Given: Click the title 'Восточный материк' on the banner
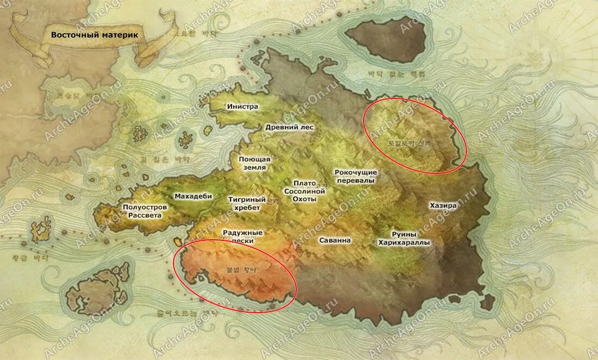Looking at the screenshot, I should coord(95,34).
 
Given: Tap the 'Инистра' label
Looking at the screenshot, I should coord(243,107).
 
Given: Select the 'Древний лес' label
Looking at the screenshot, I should coord(289,127).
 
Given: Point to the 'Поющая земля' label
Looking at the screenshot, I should coord(254,163).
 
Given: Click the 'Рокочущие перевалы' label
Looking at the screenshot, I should coord(356,176).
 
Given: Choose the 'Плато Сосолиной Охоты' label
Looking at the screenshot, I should coord(304,191).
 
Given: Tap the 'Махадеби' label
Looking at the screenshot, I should coord(193,196).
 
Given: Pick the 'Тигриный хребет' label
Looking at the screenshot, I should coord(247,203).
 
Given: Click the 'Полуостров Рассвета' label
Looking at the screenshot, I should coord(145,211).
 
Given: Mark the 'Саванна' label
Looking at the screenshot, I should coord(335,240).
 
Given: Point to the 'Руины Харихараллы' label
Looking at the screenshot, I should coord(404,238).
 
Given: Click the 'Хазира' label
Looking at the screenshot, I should coord(443,206).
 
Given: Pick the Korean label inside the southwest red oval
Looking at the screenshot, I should coord(241,269).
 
